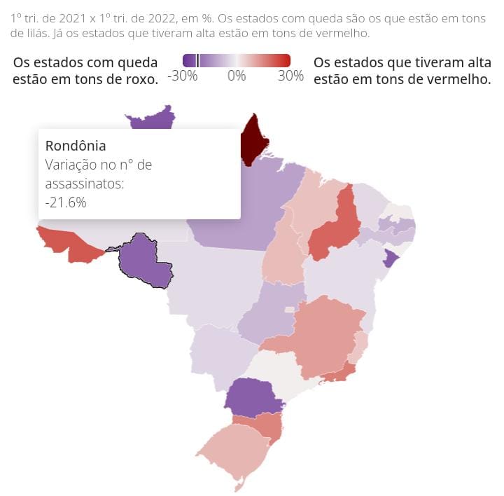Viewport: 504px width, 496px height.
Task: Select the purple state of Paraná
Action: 252,397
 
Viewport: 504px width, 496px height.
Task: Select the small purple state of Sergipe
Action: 391,259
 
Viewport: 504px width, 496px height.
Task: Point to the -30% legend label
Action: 183,76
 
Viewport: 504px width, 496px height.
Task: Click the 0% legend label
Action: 237,76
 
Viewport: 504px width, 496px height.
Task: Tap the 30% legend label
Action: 290,76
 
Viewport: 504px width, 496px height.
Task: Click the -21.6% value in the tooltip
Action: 66,202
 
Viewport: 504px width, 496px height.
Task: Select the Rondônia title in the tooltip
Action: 76,146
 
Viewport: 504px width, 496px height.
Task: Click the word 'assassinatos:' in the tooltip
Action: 84,184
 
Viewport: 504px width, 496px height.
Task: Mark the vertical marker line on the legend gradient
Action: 198,60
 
